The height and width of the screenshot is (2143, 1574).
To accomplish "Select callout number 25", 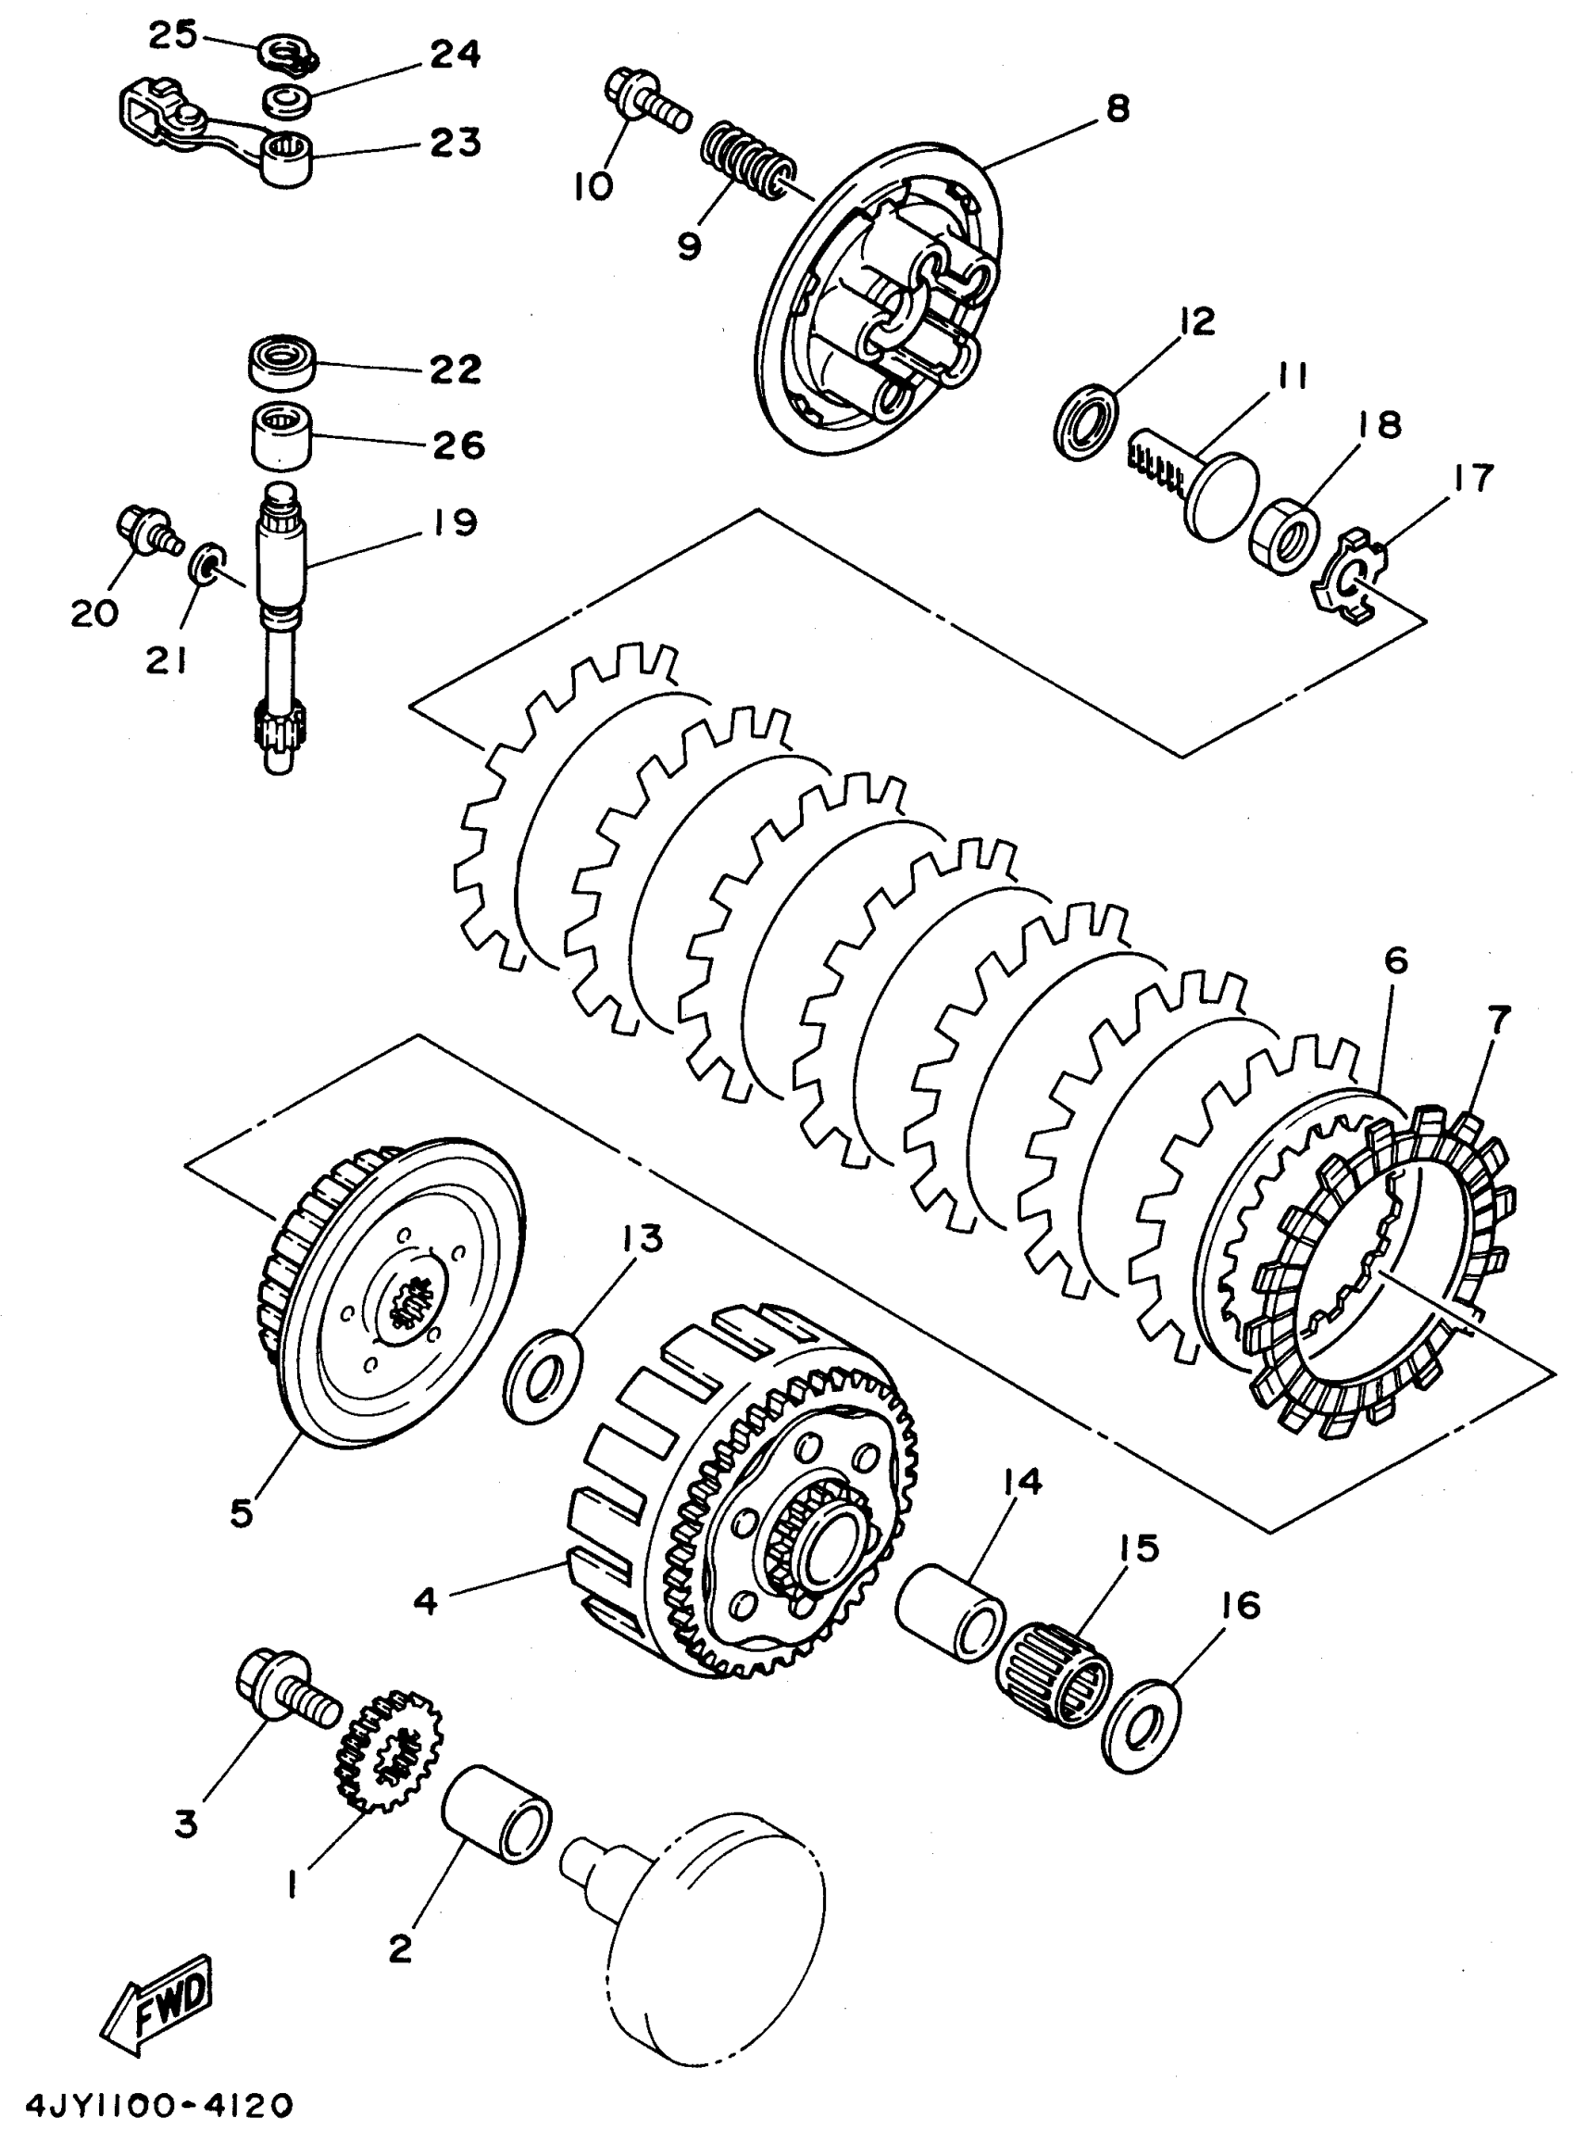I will [x=172, y=36].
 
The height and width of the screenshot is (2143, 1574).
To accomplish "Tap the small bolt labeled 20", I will [x=143, y=528].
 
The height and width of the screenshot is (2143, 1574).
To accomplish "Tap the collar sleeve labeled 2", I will [x=496, y=1814].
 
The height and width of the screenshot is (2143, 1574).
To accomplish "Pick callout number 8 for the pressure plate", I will [x=1117, y=108].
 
